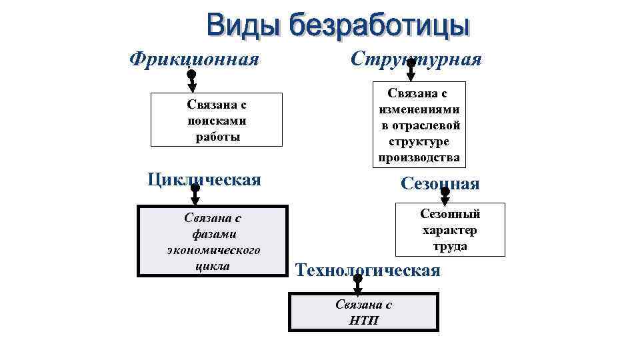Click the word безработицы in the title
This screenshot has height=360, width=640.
click(376, 27)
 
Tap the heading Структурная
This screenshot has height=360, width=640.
click(416, 59)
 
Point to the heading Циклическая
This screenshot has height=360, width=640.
click(204, 179)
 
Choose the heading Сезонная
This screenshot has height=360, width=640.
click(440, 183)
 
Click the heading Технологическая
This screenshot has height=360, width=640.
click(367, 270)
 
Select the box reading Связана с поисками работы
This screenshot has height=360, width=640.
click(217, 120)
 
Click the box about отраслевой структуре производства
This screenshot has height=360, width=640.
click(419, 125)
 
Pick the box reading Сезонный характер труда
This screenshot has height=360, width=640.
click(450, 229)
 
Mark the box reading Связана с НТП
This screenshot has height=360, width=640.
click(364, 311)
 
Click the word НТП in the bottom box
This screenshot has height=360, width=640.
click(364, 319)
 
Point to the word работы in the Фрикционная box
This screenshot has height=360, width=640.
click(217, 137)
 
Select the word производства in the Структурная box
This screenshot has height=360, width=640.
click(419, 158)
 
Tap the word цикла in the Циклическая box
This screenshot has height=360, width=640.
click(213, 266)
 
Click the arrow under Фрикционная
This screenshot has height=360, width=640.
click(191, 81)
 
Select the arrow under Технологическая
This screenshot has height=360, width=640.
click(357, 285)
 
